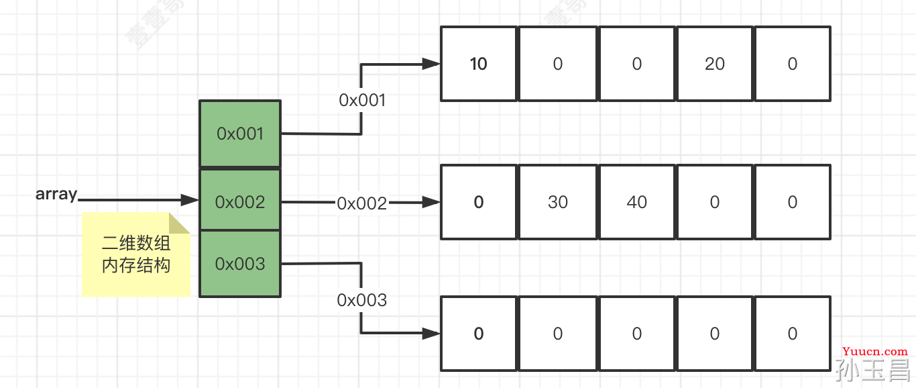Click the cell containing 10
coord(479,64)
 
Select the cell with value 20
coord(714,64)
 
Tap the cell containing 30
coord(558,202)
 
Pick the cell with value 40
coord(636,202)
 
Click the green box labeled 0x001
coord(240,134)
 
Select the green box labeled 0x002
coord(240,200)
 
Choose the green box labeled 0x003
coord(240,264)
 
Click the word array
coord(56,194)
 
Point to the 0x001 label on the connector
coord(362,100)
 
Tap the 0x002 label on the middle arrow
coord(362,203)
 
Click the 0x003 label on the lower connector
coord(362,301)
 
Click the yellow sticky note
coord(135,254)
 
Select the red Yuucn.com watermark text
coord(875,352)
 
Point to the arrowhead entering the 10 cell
coord(431,64)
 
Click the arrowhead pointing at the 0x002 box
coord(190,200)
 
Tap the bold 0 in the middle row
coord(479,202)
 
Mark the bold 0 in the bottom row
coord(479,334)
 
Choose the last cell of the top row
coord(793,64)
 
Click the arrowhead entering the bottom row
coord(431,334)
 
